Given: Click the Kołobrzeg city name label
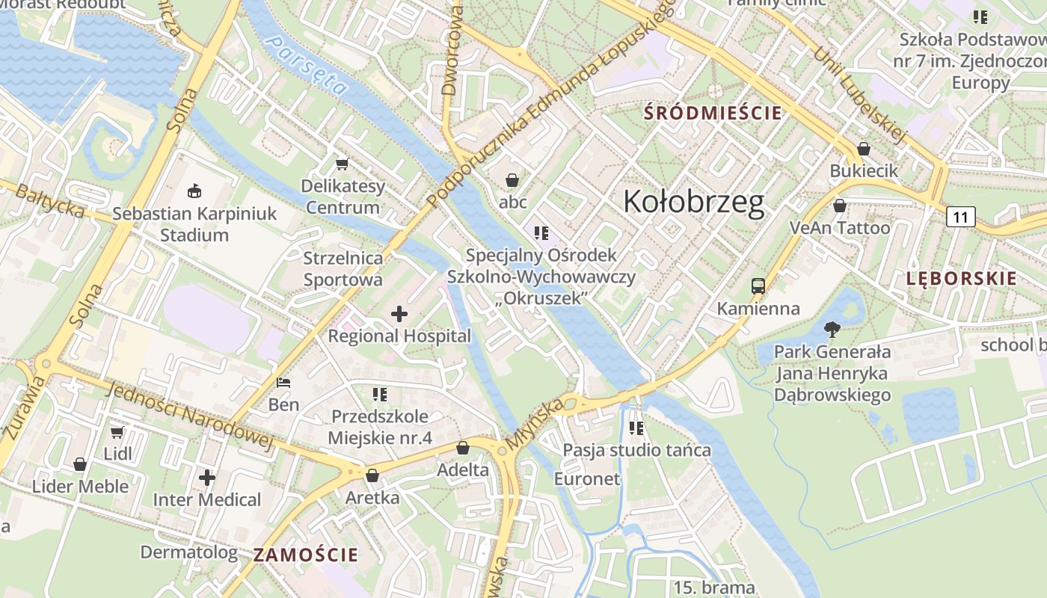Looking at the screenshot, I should (x=693, y=202).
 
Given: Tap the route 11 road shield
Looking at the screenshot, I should (x=960, y=218).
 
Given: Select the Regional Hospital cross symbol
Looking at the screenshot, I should (x=399, y=314).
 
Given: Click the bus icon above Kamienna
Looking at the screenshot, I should (x=758, y=286).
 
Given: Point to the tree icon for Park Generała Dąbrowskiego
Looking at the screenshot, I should (x=832, y=329).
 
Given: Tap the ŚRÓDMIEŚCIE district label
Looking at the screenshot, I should (x=713, y=114).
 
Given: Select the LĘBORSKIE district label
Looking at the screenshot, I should (x=961, y=279).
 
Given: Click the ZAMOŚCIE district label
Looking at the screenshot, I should (x=305, y=555).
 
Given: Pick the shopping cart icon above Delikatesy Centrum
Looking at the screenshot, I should (x=343, y=164).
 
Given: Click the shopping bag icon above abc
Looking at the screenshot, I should (x=512, y=180).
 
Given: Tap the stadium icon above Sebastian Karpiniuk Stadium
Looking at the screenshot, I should (x=194, y=191).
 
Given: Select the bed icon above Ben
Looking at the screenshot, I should (x=283, y=383).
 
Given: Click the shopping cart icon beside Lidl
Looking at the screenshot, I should (x=117, y=432).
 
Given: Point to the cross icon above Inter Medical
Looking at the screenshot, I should (x=207, y=477).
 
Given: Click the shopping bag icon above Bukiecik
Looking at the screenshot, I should (x=864, y=149).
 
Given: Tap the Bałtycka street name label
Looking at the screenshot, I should (x=50, y=201).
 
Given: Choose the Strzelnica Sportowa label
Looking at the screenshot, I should (x=343, y=269).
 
